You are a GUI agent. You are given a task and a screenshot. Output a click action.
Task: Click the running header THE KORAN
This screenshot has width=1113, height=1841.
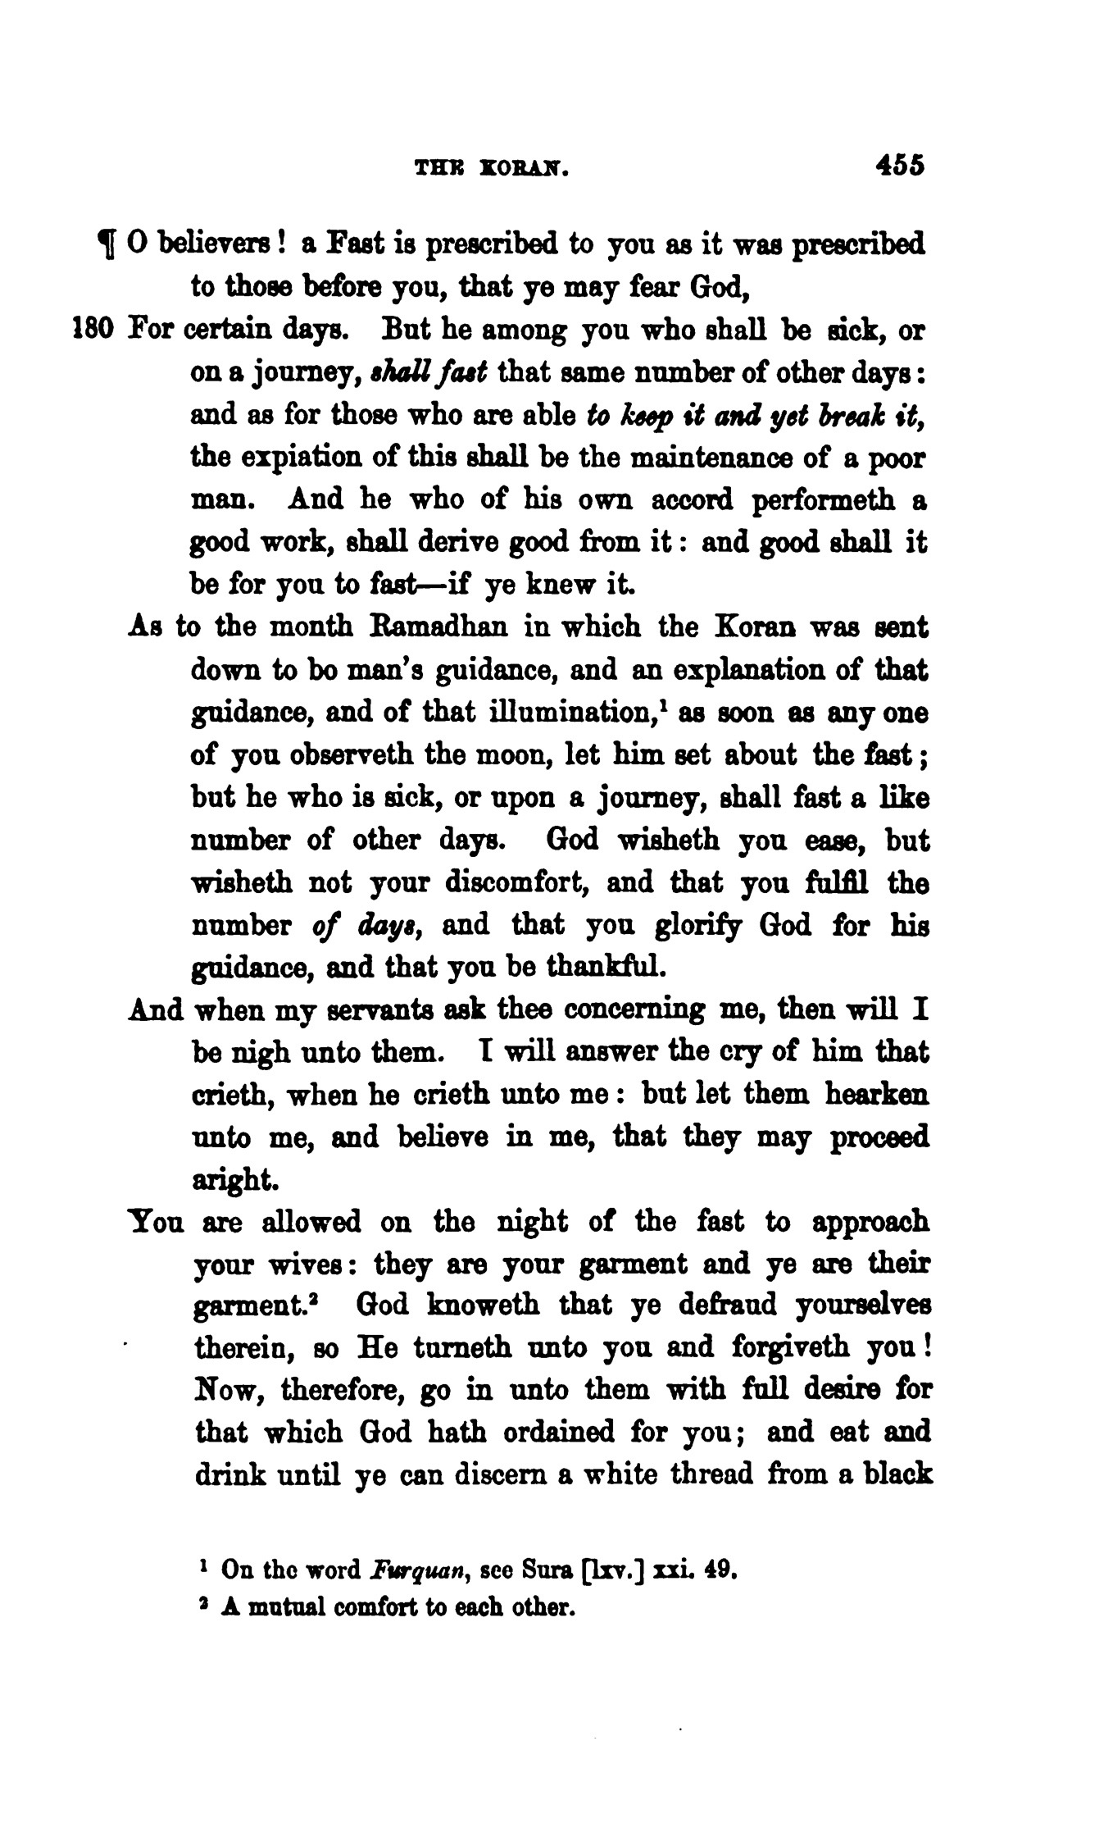tap(492, 168)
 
